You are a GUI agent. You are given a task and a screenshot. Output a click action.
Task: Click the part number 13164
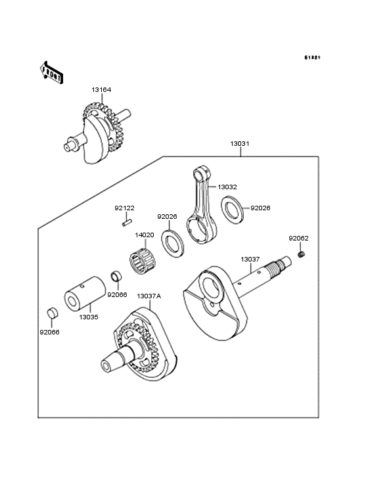pos(102,90)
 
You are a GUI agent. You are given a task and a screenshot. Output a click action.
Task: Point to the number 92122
pos(124,208)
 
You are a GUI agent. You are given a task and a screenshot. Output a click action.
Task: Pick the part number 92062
pos(298,238)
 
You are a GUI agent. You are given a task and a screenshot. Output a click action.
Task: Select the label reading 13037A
pos(149,296)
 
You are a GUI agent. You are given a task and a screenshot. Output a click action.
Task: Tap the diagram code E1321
pos(311,58)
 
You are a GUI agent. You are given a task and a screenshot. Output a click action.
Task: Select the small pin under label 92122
pos(125,222)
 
